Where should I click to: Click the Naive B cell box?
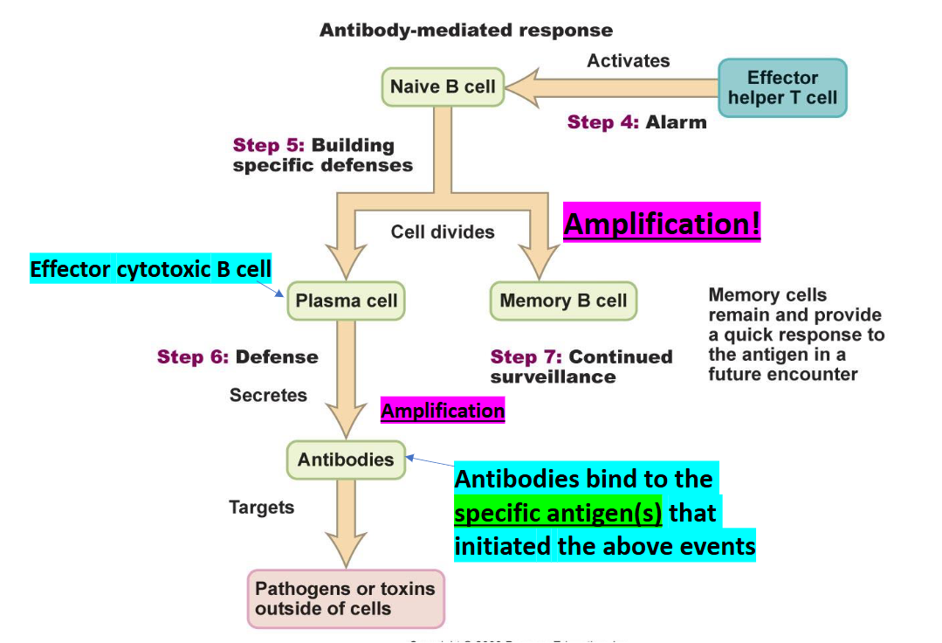[443, 87]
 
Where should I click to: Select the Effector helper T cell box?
[782, 87]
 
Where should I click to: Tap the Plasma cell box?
[347, 301]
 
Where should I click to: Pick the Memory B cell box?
[563, 301]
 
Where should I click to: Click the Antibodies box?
[346, 460]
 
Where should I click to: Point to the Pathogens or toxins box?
[345, 598]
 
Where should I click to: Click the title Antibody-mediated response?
[466, 31]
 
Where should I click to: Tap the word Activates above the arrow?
[629, 61]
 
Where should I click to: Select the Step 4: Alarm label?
[636, 122]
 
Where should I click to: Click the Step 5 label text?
[322, 155]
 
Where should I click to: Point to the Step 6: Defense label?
[237, 356]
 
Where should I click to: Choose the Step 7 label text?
[581, 367]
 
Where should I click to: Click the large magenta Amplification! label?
[662, 224]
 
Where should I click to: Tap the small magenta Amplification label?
[443, 411]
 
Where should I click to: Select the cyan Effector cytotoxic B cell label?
[151, 268]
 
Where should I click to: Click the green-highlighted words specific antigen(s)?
[558, 512]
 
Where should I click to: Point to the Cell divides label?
[443, 232]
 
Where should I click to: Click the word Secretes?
[268, 396]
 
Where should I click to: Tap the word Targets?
[261, 508]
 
